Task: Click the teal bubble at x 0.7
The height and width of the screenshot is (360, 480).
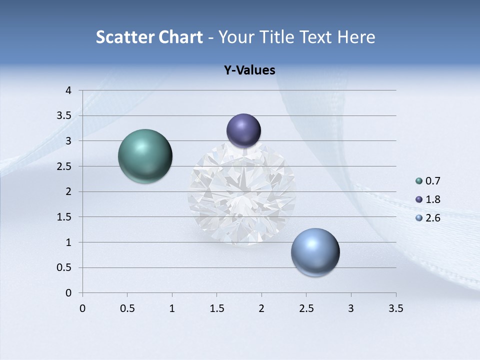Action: coord(145,156)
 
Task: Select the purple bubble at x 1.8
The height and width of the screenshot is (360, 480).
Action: coord(244,130)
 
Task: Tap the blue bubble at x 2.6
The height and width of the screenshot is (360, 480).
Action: coord(315,252)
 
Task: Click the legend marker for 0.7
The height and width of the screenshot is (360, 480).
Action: coord(419,181)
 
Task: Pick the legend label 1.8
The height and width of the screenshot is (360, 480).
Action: coord(432,199)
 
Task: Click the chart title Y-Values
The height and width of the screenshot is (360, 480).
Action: coord(249,70)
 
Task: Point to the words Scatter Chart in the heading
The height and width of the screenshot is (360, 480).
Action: coord(149,37)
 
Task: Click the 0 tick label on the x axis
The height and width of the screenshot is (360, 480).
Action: coord(82,308)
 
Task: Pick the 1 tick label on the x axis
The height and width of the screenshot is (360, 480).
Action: coord(172,308)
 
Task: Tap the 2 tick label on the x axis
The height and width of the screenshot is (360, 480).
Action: coord(261,308)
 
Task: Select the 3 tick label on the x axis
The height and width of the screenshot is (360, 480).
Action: coord(351,308)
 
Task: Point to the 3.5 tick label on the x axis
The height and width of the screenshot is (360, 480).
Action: coord(395,308)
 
